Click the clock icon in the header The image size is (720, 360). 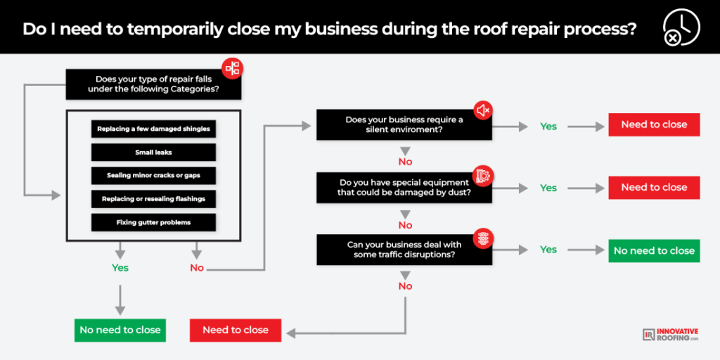(x=681, y=27)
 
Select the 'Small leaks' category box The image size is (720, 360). (x=153, y=153)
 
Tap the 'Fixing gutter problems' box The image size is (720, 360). (x=153, y=223)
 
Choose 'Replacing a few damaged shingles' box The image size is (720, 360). (x=153, y=129)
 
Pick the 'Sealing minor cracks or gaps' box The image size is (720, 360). (x=153, y=176)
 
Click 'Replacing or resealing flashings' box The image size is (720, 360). (x=153, y=199)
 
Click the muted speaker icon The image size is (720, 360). (x=484, y=110)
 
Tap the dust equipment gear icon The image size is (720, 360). (x=484, y=175)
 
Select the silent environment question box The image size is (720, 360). (x=404, y=124)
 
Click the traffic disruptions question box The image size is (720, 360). (x=404, y=250)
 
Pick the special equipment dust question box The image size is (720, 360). (x=404, y=188)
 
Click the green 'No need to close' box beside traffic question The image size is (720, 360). (x=655, y=251)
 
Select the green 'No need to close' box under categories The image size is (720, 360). (x=120, y=330)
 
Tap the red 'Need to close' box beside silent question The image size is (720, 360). (x=655, y=124)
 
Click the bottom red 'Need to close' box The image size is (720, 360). (x=236, y=330)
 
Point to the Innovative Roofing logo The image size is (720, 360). (x=671, y=334)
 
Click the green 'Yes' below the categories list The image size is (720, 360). (x=120, y=268)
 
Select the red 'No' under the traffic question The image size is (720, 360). (x=406, y=287)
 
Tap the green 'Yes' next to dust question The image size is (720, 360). (x=548, y=188)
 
